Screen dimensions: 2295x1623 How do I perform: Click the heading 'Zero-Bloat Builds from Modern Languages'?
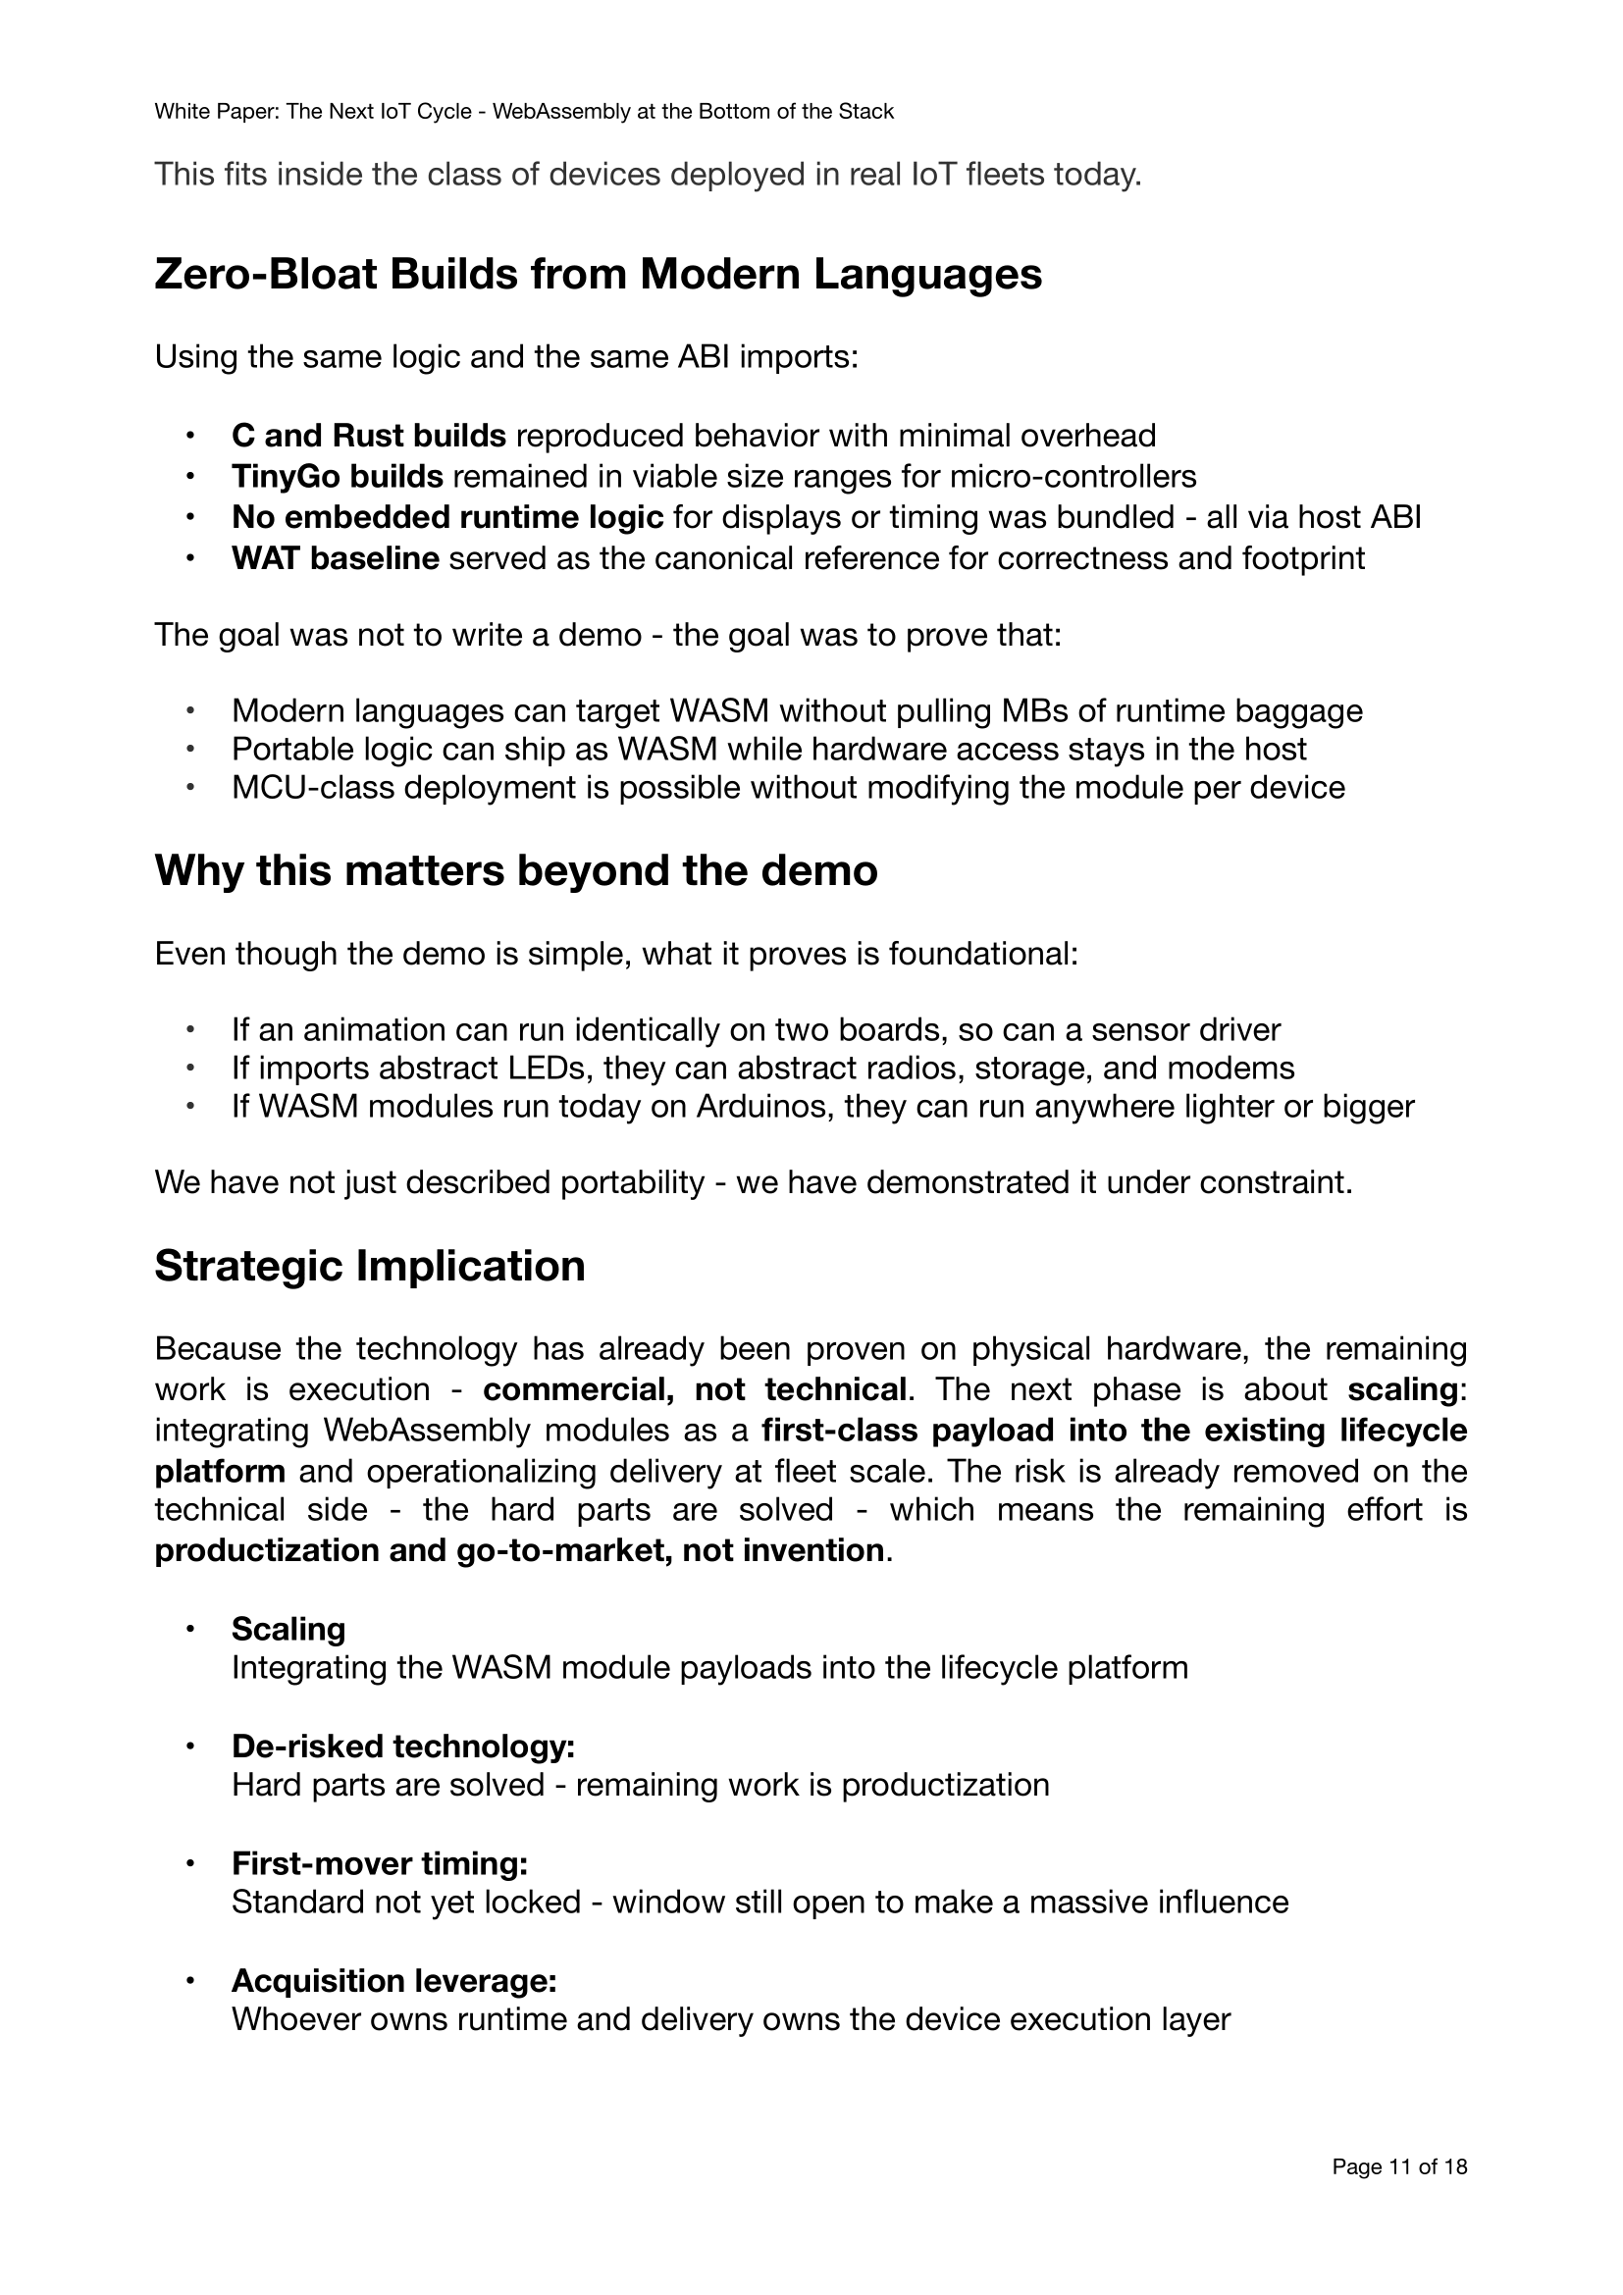598,275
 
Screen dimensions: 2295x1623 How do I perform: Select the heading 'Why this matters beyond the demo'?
516,869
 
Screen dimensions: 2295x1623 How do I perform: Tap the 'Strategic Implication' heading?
369,1266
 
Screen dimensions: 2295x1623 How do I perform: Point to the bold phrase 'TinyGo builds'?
337,477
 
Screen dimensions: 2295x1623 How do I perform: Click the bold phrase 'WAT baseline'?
335,557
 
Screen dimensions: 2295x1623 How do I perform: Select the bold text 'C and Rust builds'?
369,436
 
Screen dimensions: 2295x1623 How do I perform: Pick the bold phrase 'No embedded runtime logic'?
446,517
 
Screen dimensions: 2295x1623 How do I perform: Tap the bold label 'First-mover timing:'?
379,1863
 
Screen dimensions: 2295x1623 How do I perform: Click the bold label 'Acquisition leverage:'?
393,1980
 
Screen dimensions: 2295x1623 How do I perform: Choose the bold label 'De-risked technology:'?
402,1747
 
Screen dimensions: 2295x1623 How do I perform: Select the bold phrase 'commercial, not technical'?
695,1389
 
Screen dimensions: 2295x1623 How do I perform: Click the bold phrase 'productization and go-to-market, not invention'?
519,1550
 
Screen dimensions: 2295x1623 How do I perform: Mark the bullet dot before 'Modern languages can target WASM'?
190,711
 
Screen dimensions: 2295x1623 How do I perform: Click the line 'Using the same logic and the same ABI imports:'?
505,357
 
